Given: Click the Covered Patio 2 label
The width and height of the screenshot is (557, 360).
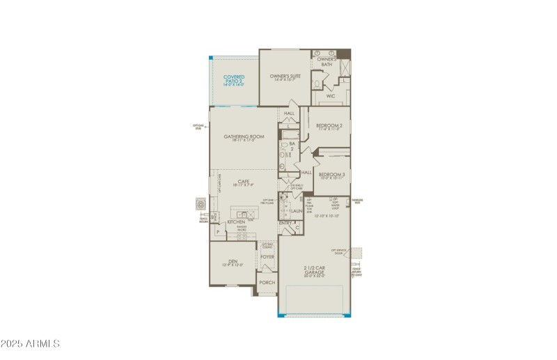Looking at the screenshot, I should click(233, 79).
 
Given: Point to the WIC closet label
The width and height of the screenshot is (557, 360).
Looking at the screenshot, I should click(331, 96).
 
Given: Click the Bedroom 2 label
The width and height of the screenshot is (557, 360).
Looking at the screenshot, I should click(329, 126).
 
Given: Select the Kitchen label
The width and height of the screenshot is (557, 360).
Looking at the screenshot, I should click(236, 222).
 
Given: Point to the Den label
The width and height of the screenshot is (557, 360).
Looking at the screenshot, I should click(233, 263).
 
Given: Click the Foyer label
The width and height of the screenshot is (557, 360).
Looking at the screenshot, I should click(267, 256).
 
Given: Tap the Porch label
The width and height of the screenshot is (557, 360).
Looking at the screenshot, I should click(267, 283).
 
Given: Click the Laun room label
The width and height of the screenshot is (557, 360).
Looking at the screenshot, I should click(296, 210).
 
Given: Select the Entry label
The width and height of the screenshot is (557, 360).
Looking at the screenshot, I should click(285, 223).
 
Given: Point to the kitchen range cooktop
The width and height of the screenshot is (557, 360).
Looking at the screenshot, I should click(242, 236).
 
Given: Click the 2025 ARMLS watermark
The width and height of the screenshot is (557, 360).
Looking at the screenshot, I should click(30, 343).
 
